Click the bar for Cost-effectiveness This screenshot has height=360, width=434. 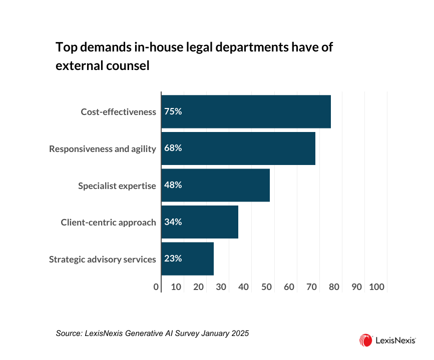point(246,111)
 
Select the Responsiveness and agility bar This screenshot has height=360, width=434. point(238,148)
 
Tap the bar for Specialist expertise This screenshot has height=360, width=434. point(215,185)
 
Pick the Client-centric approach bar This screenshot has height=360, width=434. point(200,222)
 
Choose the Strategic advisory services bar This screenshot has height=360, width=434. point(187,259)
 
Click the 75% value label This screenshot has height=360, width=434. point(173,111)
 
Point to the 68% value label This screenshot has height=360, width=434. point(173,148)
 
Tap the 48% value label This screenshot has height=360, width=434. point(173,185)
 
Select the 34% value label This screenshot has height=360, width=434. point(173,222)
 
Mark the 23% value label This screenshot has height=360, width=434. point(173,259)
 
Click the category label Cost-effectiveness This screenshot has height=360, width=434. point(119,112)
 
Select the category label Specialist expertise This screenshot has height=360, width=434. point(117,185)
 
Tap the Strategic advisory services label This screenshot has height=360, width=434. point(103,259)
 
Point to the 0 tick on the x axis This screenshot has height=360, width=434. point(157,287)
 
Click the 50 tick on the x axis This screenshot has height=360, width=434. point(266,287)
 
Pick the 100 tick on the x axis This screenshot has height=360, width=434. point(376,287)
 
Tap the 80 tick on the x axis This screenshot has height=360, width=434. point(334,287)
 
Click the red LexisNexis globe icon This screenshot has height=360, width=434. point(365,340)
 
